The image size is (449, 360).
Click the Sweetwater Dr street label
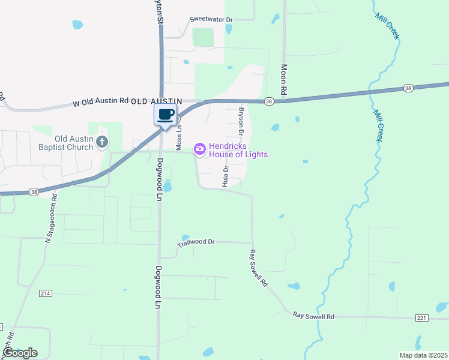click(x=211, y=19)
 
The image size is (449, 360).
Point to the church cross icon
click(x=103, y=142)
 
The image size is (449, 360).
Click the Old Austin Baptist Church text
click(x=74, y=143)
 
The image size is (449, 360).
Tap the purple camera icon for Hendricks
click(x=200, y=148)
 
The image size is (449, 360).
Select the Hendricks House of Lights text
click(x=238, y=150)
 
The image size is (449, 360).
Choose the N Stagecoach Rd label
click(x=50, y=218)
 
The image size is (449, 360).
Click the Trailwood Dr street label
click(x=196, y=242)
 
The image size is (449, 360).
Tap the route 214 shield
click(x=45, y=293)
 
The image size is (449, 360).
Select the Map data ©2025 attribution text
click(x=423, y=355)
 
